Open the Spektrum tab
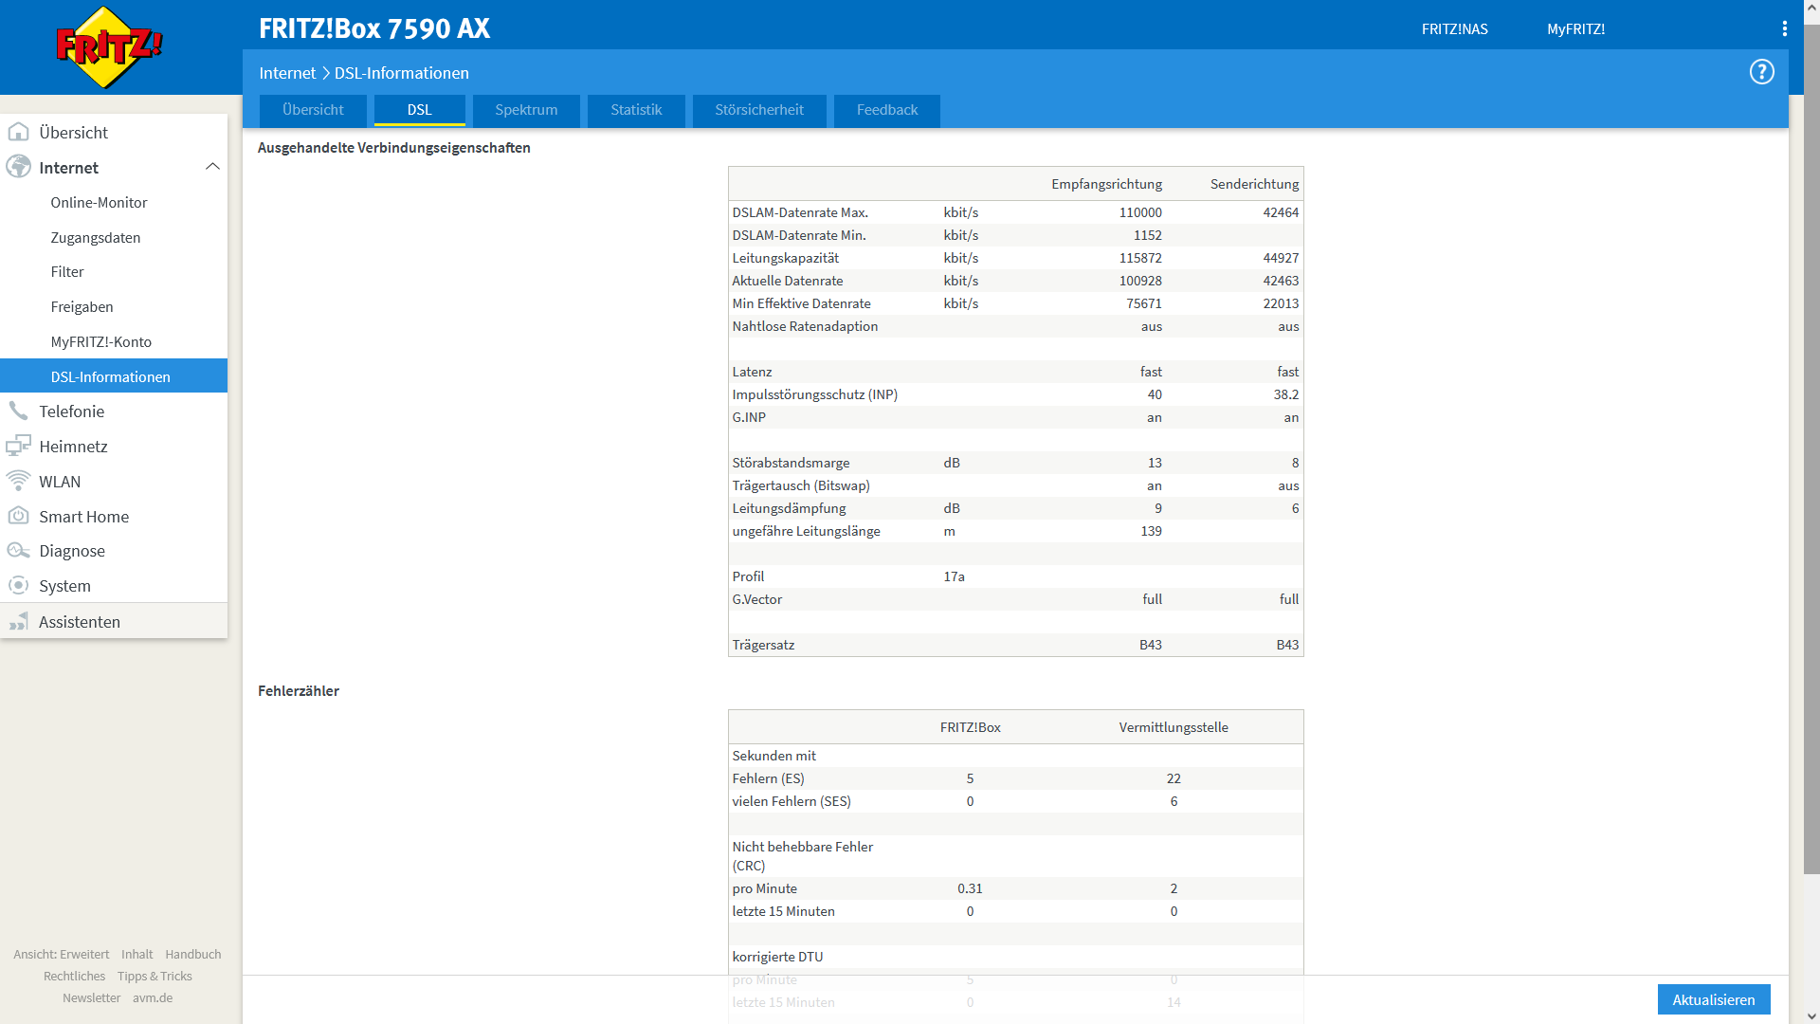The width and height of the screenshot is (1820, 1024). pyautogui.click(x=526, y=110)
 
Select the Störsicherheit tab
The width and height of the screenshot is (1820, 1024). pyautogui.click(x=759, y=110)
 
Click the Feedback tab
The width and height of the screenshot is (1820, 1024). pyautogui.click(x=887, y=110)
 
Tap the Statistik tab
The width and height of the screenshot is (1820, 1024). pyautogui.click(x=636, y=110)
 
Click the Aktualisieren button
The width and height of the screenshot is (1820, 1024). pyautogui.click(x=1714, y=999)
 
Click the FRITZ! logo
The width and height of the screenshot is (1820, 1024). pyautogui.click(x=109, y=47)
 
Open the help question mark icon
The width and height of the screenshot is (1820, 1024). pyautogui.click(x=1762, y=72)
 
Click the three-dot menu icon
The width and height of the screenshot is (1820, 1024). pyautogui.click(x=1785, y=28)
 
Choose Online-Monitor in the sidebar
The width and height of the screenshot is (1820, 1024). pyautogui.click(x=99, y=203)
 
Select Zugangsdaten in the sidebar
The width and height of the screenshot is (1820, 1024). pyautogui.click(x=96, y=238)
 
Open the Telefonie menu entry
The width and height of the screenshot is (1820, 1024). pyautogui.click(x=72, y=411)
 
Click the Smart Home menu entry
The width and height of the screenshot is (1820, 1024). pyautogui.click(x=84, y=517)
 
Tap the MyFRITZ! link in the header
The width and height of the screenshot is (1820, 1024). pyautogui.click(x=1576, y=29)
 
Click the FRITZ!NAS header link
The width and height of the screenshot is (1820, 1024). pyautogui.click(x=1455, y=29)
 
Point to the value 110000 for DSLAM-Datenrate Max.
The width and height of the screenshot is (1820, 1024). pyautogui.click(x=1140, y=212)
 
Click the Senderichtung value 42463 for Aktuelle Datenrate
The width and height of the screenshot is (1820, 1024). pyautogui.click(x=1281, y=281)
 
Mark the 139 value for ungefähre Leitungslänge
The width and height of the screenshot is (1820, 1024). pyautogui.click(x=1151, y=531)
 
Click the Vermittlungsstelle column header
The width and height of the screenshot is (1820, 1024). pyautogui.click(x=1174, y=727)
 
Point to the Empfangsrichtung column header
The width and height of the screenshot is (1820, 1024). pyautogui.click(x=1106, y=184)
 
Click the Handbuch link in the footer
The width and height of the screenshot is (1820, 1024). pyautogui.click(x=193, y=955)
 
